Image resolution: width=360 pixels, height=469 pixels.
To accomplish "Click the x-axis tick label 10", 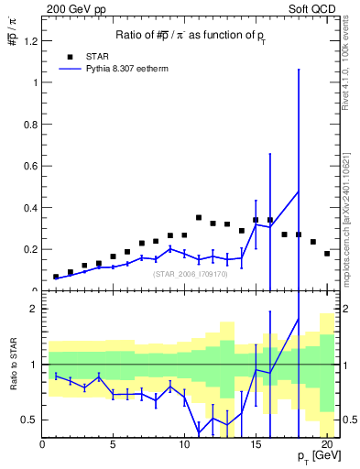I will click(184, 446).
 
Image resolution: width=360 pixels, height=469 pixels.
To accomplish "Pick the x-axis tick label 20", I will click(326, 446).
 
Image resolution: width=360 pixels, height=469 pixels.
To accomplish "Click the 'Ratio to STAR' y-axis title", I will click(13, 364).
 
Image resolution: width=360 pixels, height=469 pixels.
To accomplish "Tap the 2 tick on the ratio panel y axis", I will click(33, 309).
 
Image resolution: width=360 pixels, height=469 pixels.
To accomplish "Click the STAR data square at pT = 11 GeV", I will click(199, 218).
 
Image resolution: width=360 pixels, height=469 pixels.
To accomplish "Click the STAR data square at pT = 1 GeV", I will click(56, 277).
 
